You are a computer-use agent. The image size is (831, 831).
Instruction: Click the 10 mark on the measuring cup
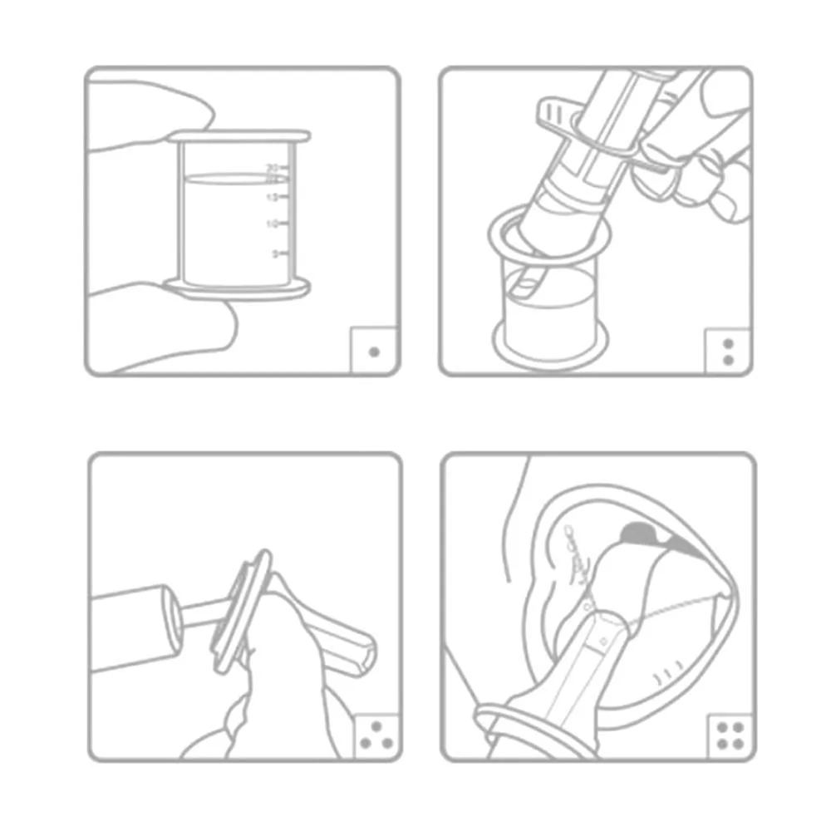click(x=272, y=224)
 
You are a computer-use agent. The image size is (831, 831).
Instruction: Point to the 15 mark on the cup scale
click(x=272, y=197)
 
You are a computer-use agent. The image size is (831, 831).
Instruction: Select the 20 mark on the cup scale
click(x=272, y=167)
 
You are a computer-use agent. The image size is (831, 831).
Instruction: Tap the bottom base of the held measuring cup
click(x=237, y=289)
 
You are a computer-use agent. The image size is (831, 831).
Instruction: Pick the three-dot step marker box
click(x=376, y=735)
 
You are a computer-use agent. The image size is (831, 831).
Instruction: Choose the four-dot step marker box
click(x=730, y=735)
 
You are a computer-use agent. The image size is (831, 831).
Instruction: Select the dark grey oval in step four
click(x=641, y=529)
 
